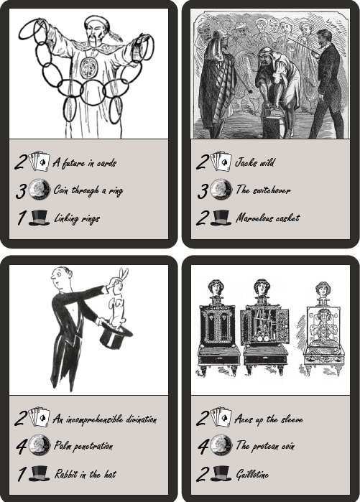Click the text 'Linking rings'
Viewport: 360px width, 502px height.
pos(77,219)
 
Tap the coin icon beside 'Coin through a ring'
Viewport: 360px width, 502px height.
pos(40,190)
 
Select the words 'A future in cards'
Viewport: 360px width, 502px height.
pos(85,163)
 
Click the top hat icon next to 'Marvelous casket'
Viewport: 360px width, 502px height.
pos(221,218)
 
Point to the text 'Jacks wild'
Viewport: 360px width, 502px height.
pos(255,162)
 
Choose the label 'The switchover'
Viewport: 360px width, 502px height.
pos(263,190)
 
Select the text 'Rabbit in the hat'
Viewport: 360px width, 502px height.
pos(86,474)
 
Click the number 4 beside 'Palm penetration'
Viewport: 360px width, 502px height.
pos(21,446)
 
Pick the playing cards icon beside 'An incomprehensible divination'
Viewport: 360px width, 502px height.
pos(40,417)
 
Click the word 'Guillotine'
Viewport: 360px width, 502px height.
pos(252,475)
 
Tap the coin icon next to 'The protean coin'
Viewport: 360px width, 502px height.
pos(221,445)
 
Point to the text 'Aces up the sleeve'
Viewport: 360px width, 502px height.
pos(269,419)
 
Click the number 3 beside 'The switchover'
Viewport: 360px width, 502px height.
pos(203,190)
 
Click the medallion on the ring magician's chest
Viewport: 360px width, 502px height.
pos(88,67)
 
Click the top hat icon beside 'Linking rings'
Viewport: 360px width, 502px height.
pos(39,218)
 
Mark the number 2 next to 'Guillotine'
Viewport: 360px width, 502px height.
pos(203,474)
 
